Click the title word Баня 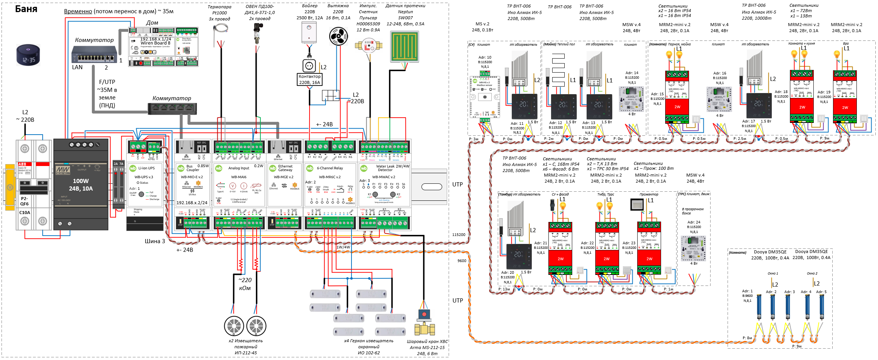tap(26, 9)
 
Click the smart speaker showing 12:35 tap(28, 55)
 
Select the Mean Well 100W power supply tap(81, 184)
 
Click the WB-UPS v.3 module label tap(144, 177)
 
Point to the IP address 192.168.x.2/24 tap(192, 203)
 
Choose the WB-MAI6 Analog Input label tap(238, 177)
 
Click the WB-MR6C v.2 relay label tap(330, 177)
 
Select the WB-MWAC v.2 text tap(384, 177)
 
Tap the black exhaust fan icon tap(338, 37)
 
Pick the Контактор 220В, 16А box tap(310, 79)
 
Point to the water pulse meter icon tap(369, 46)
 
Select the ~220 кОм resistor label tap(245, 284)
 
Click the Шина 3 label tap(155, 241)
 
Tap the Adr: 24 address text tap(694, 222)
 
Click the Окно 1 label tap(773, 273)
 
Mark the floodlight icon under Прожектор tap(637, 205)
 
